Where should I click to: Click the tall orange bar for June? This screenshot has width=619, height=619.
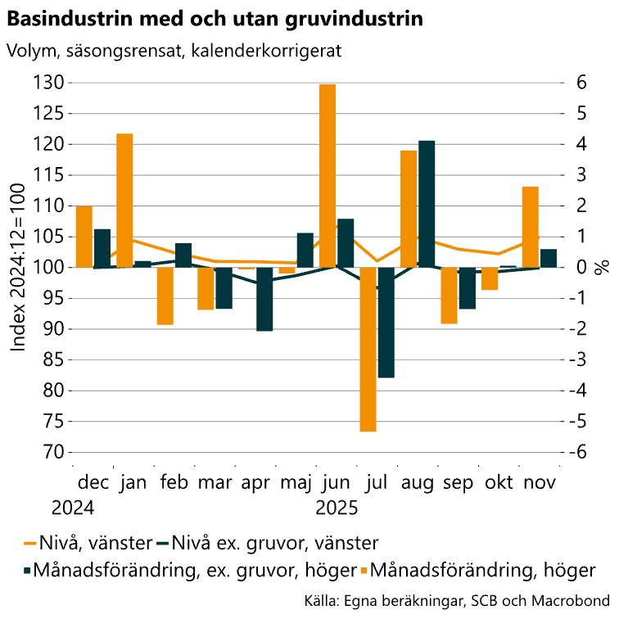(328, 175)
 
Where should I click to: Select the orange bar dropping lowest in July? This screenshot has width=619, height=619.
(368, 349)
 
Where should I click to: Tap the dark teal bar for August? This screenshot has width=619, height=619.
(427, 204)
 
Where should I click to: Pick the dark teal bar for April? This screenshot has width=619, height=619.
(264, 299)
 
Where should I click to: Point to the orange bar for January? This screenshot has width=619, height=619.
(124, 200)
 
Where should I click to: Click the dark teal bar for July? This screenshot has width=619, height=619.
(386, 323)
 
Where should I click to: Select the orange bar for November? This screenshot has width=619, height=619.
(530, 227)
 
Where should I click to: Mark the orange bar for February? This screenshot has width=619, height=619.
(165, 296)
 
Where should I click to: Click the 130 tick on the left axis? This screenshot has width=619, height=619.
(47, 84)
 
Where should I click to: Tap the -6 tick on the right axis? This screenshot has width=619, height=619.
(578, 453)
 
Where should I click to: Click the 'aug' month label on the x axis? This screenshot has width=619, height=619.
(417, 482)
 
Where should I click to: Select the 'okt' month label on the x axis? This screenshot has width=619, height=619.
(499, 482)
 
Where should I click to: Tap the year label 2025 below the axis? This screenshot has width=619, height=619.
(337, 508)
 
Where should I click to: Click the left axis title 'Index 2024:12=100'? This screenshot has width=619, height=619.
(17, 268)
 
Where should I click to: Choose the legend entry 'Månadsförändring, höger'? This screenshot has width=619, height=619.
(486, 568)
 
